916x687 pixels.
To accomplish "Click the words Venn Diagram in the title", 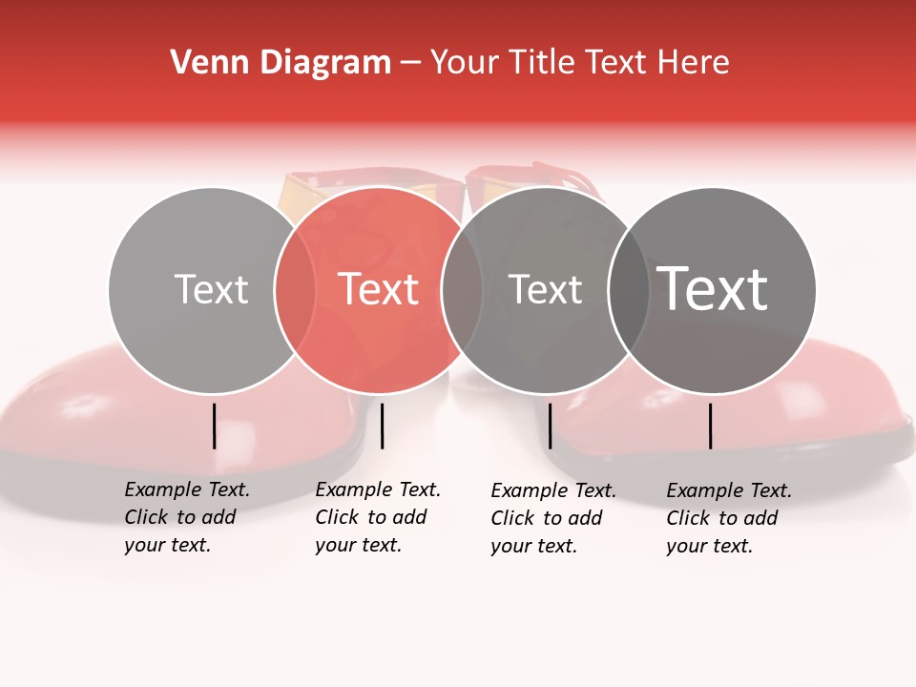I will tap(281, 63).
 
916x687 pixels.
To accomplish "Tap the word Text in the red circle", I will tap(379, 289).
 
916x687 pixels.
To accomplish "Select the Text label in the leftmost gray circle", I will tap(211, 289).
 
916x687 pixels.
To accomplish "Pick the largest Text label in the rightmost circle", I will tap(713, 289).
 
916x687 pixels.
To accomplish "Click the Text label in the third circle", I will tap(545, 289).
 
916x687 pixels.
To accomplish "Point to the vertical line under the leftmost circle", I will tap(214, 426).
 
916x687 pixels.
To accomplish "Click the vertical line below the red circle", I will tap(382, 426).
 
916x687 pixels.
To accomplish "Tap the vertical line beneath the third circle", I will tap(550, 426).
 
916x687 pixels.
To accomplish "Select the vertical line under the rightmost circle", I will tap(710, 426).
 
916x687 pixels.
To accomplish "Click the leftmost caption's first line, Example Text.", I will tap(187, 489).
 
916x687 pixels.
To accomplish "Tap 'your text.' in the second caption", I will tap(358, 545).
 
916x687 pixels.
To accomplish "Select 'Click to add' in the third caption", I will tap(547, 518).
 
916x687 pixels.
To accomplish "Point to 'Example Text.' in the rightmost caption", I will tap(729, 490).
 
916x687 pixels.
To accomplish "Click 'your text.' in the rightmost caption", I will tap(709, 546).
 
